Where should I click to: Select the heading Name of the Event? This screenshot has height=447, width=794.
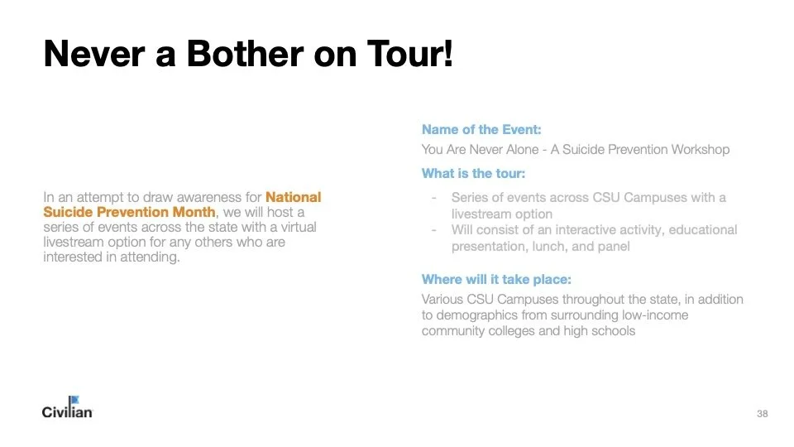click(x=481, y=129)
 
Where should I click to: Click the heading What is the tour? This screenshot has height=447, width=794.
click(x=473, y=173)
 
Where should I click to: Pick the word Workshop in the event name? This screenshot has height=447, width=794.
click(x=701, y=150)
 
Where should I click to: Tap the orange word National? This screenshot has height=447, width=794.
click(x=293, y=197)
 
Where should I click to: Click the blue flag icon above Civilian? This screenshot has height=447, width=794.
click(x=73, y=401)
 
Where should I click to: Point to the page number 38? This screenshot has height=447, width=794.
click(x=762, y=413)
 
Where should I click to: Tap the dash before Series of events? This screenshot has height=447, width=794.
click(x=434, y=198)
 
